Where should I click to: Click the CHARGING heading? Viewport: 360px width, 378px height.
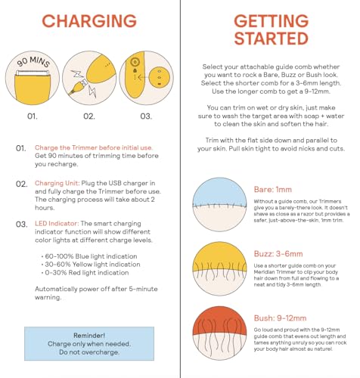tap(89, 21)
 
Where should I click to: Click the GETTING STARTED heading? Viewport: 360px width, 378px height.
tap(272, 29)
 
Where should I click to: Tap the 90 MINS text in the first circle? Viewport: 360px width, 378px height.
tap(33, 62)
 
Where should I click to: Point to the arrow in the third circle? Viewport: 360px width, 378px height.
tap(142, 77)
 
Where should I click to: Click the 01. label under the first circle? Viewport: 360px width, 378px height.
tap(33, 116)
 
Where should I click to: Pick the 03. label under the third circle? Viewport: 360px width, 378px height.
tap(146, 116)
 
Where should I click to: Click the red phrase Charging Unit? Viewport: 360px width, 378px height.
tap(57, 183)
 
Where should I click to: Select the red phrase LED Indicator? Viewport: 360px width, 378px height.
tap(57, 224)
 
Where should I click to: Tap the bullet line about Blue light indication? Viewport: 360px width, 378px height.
tap(89, 256)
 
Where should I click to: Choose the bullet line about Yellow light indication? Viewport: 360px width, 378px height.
tap(91, 265)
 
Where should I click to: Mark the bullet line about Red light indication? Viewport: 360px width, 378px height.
tap(85, 273)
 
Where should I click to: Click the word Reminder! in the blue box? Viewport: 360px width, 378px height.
tap(89, 336)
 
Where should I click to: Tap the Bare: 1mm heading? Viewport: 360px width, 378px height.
tap(273, 190)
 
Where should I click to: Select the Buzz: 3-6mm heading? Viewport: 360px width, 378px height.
tap(278, 254)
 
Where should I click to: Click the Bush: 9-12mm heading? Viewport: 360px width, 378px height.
tap(280, 318)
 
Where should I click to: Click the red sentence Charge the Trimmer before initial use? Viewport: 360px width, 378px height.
tap(94, 147)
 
